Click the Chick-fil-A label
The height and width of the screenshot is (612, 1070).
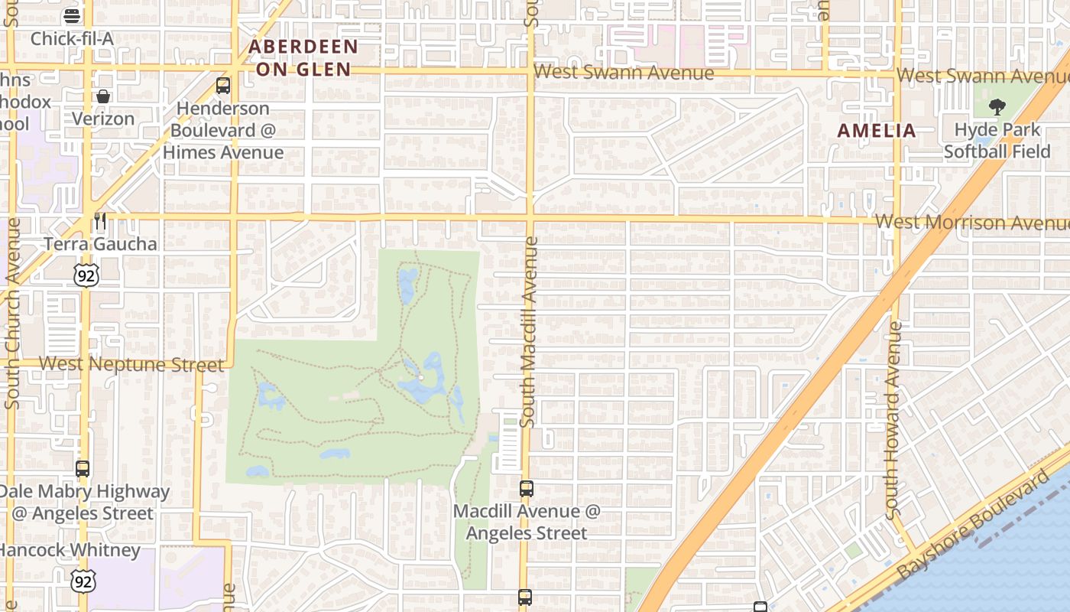(x=72, y=38)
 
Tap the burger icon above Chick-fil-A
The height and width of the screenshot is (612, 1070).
(x=72, y=15)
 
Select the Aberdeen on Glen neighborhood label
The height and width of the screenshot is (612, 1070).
(x=303, y=57)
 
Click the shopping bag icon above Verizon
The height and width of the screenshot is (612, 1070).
(x=103, y=96)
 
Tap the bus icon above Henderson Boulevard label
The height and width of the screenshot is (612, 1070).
(x=223, y=86)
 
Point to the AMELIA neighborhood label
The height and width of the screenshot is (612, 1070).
(x=877, y=130)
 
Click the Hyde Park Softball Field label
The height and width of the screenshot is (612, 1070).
(x=997, y=140)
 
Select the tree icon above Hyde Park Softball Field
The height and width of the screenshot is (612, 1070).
(x=997, y=107)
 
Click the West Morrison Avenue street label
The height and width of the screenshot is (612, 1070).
(x=971, y=223)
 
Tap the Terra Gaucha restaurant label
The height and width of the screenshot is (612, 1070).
(x=100, y=244)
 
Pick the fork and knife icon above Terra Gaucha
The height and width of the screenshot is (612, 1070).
(x=100, y=221)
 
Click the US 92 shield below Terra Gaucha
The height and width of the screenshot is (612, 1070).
(x=86, y=275)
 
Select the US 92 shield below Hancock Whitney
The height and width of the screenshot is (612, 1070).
(x=83, y=581)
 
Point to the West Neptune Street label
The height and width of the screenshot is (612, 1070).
(x=131, y=363)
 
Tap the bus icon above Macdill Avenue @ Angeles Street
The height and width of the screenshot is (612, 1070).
(x=527, y=489)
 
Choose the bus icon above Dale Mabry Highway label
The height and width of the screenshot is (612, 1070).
(x=83, y=469)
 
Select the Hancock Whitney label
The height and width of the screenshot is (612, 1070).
(x=70, y=550)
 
